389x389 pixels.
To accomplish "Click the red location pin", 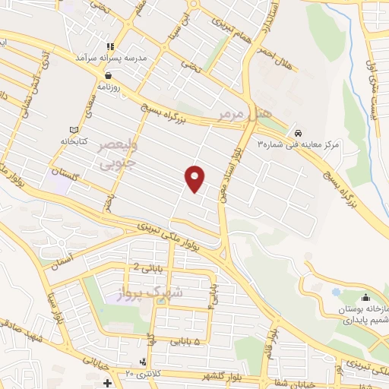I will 195,178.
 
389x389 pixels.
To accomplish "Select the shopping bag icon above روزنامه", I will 111,75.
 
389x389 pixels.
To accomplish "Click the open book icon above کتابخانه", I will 74,130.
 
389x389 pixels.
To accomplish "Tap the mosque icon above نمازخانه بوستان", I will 365,296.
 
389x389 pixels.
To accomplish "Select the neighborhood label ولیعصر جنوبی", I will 118,153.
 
